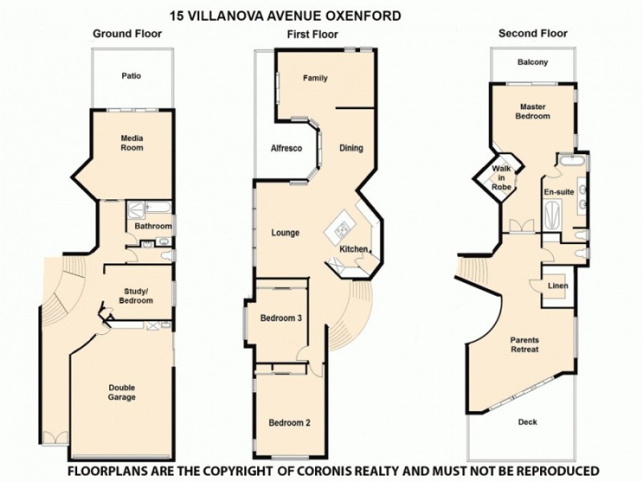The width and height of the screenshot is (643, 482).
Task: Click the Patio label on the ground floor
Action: point(132,77)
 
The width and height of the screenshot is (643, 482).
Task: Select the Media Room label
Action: point(132,143)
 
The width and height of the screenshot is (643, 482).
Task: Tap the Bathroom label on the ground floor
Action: point(153,227)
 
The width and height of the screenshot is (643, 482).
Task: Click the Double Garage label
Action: point(122,392)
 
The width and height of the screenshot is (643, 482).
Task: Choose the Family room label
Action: point(316,79)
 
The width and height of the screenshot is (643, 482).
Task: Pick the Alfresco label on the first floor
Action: point(285,149)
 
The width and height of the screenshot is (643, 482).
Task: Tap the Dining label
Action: point(351,148)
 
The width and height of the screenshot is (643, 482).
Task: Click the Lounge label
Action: point(285,233)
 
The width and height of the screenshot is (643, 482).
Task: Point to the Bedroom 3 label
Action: point(281,318)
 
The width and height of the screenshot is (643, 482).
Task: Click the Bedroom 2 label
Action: point(289,423)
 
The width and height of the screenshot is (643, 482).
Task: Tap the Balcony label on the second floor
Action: point(533,62)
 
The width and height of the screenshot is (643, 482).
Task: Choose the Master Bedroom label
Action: point(534,112)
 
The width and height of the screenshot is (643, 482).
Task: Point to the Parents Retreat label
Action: point(524,345)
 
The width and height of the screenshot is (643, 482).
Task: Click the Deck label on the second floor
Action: point(527,423)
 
